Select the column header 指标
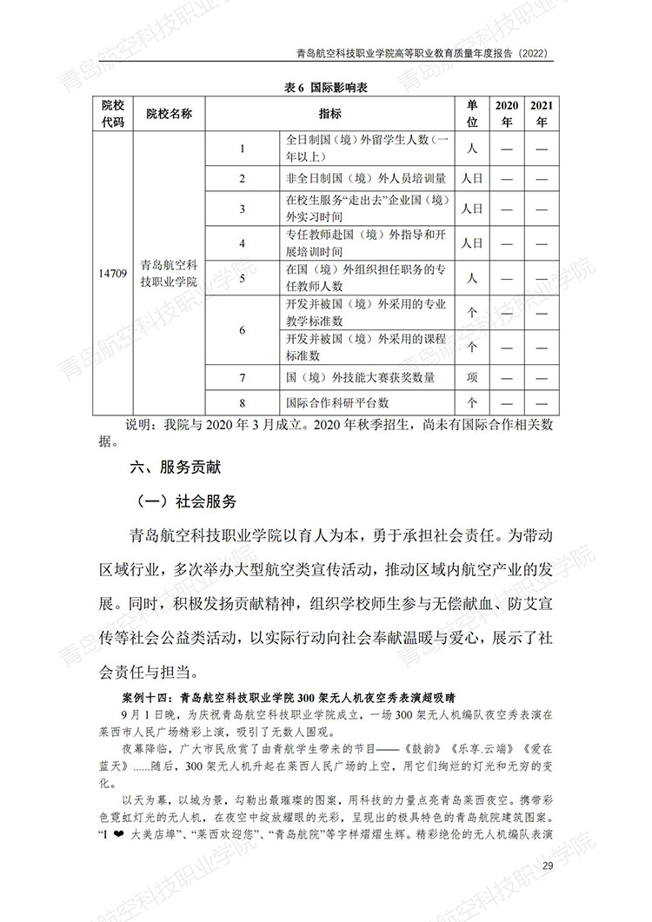(x=329, y=114)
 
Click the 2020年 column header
(x=507, y=114)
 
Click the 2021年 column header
(x=542, y=114)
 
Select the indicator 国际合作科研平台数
(x=337, y=403)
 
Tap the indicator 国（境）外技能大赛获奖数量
(x=360, y=378)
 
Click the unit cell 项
(x=472, y=378)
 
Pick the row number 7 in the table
(x=243, y=378)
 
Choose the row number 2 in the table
(x=243, y=179)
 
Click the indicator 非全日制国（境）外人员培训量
(x=366, y=179)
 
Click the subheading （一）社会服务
(x=186, y=502)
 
